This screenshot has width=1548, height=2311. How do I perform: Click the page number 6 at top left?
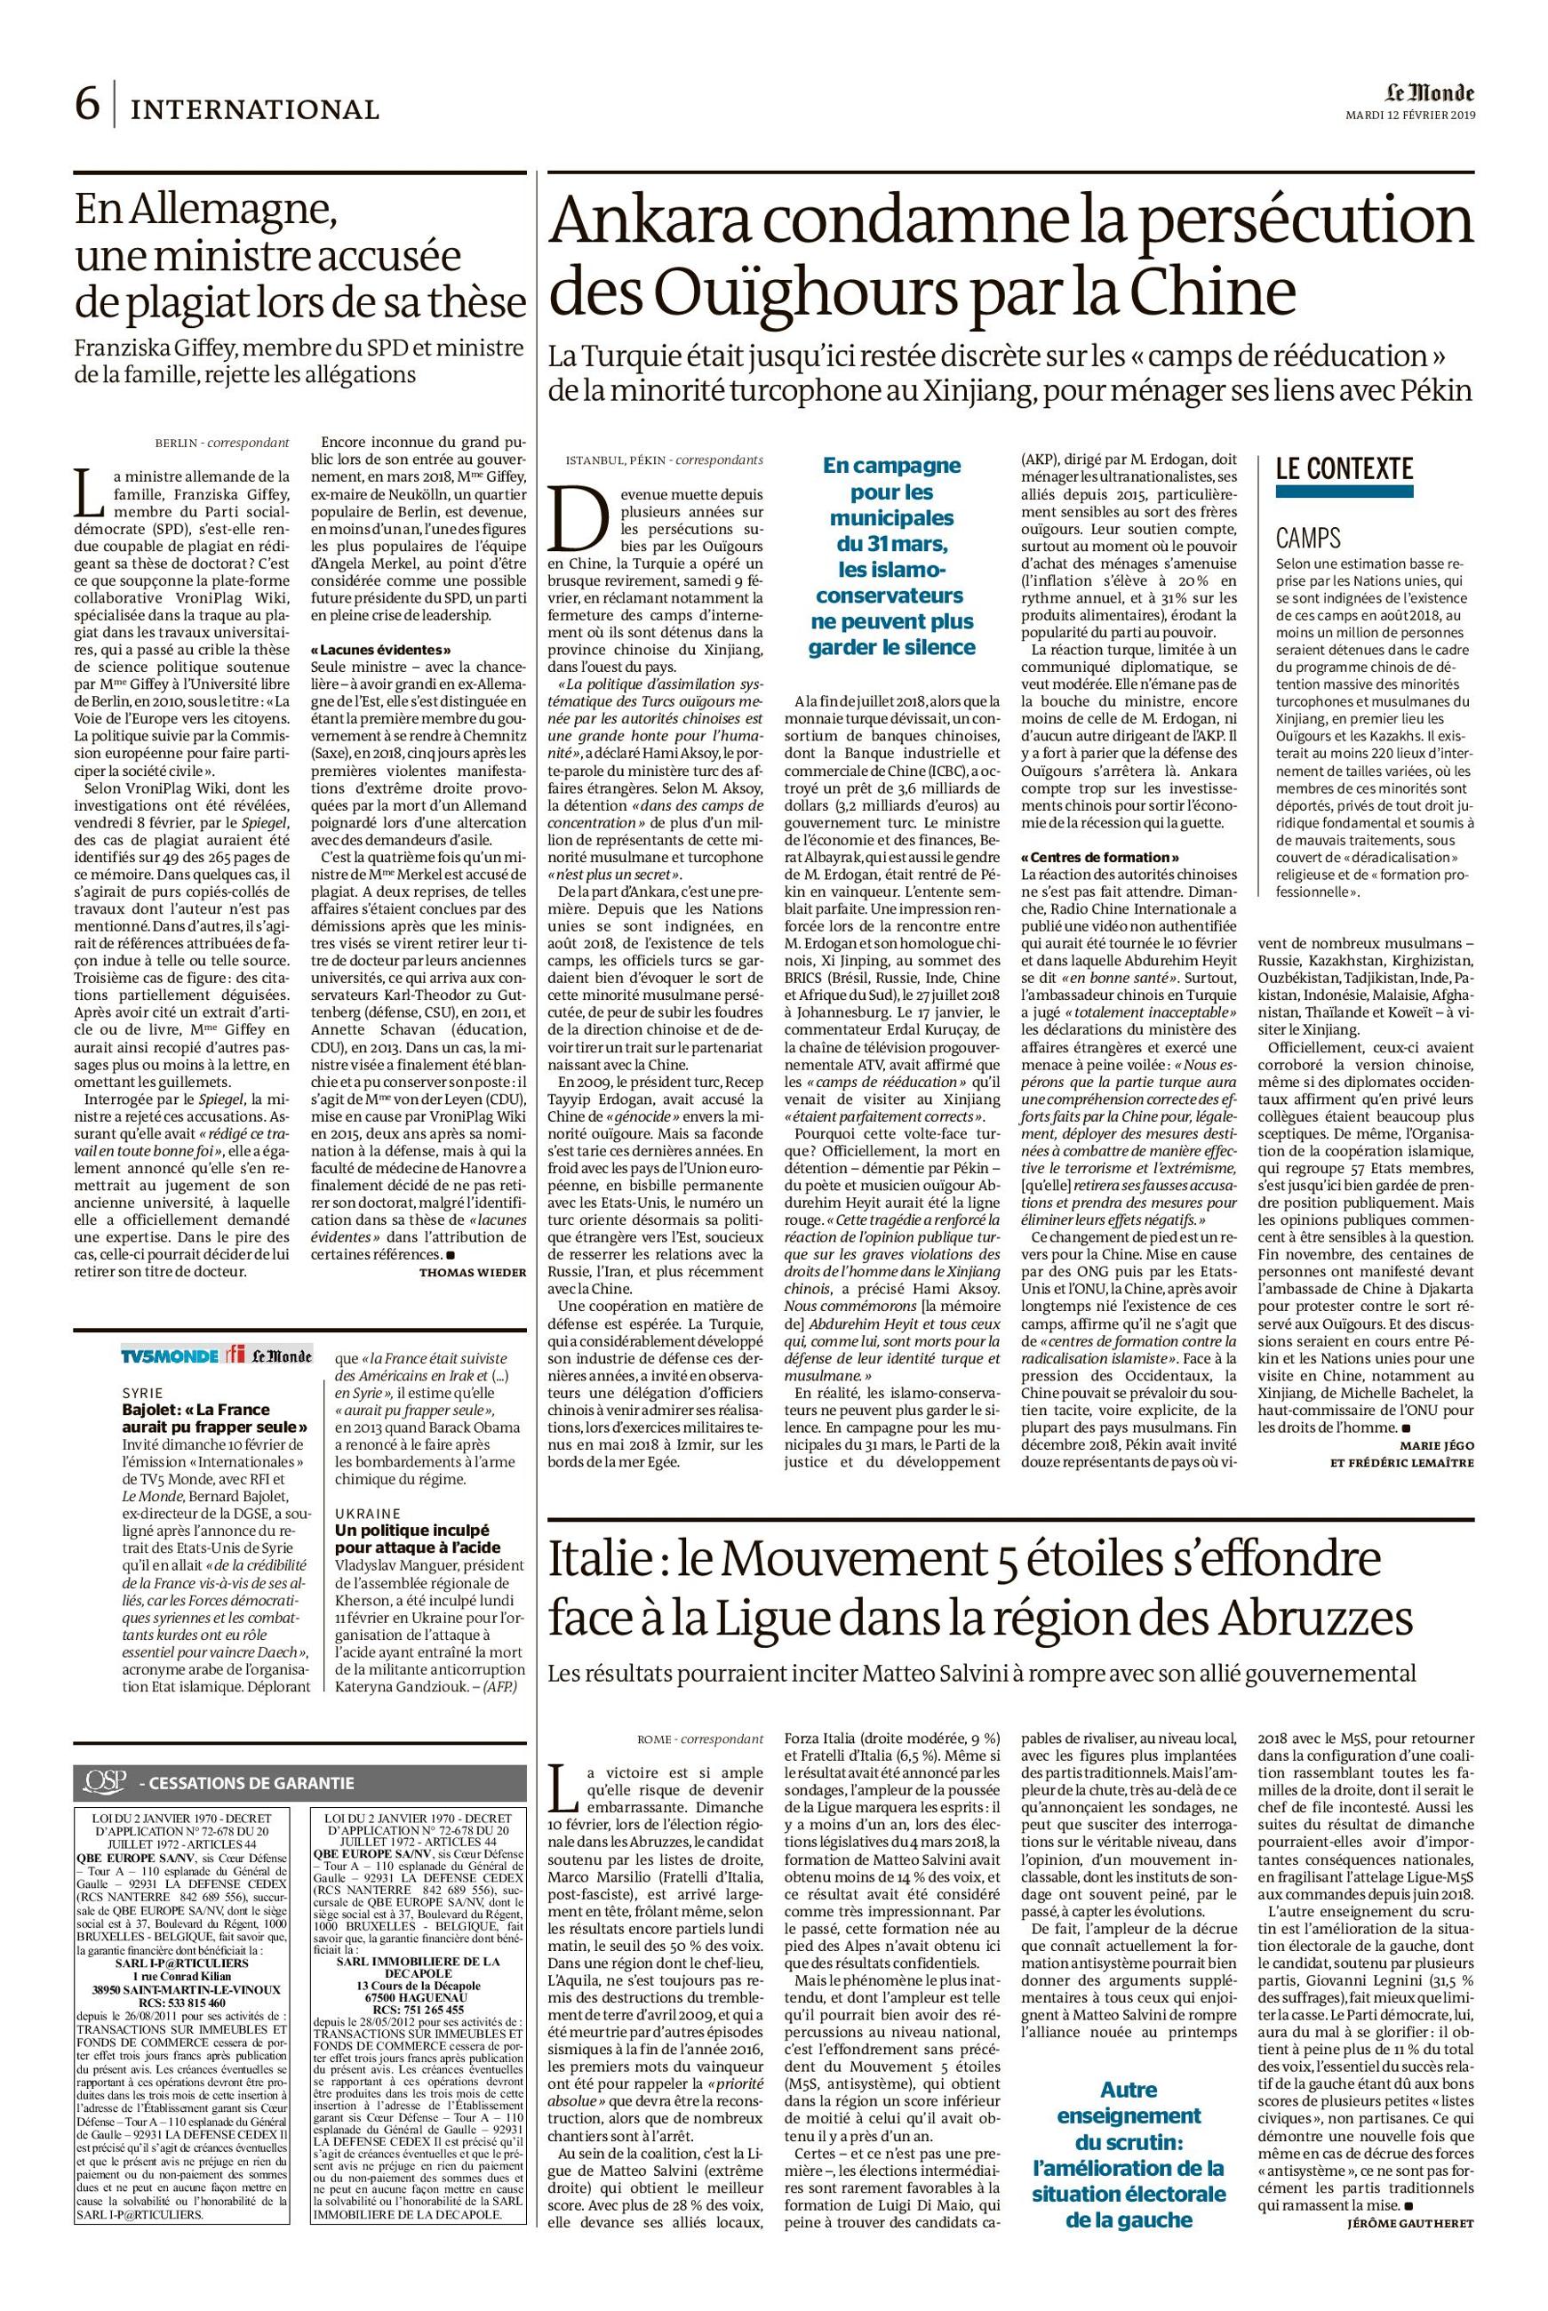(86, 105)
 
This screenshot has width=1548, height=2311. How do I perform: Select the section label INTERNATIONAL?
(255, 109)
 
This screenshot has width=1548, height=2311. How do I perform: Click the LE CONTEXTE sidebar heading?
(1344, 469)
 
